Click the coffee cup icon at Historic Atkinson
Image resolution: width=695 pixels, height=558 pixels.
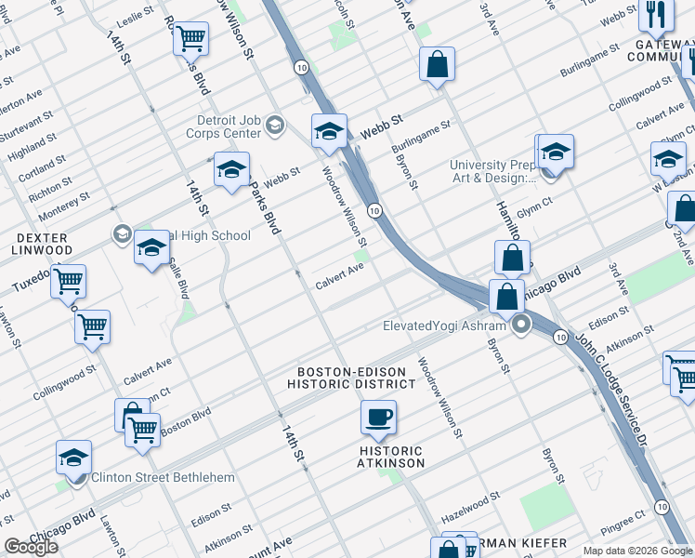pos(378,418)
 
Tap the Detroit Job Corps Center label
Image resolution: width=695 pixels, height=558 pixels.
pos(229,126)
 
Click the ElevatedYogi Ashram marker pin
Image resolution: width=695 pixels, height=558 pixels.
pos(521,325)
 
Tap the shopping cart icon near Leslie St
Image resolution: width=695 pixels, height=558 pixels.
pos(191,39)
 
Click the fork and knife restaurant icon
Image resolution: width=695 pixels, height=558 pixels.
pos(657,14)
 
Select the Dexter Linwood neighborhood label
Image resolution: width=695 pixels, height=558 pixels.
pos(41,244)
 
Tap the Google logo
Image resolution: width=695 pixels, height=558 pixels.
pos(31,547)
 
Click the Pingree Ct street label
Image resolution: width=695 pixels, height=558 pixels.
pos(623,518)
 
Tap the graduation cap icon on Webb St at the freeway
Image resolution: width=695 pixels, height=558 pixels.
pos(329,132)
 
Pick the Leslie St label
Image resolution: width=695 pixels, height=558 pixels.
pos(136,20)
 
